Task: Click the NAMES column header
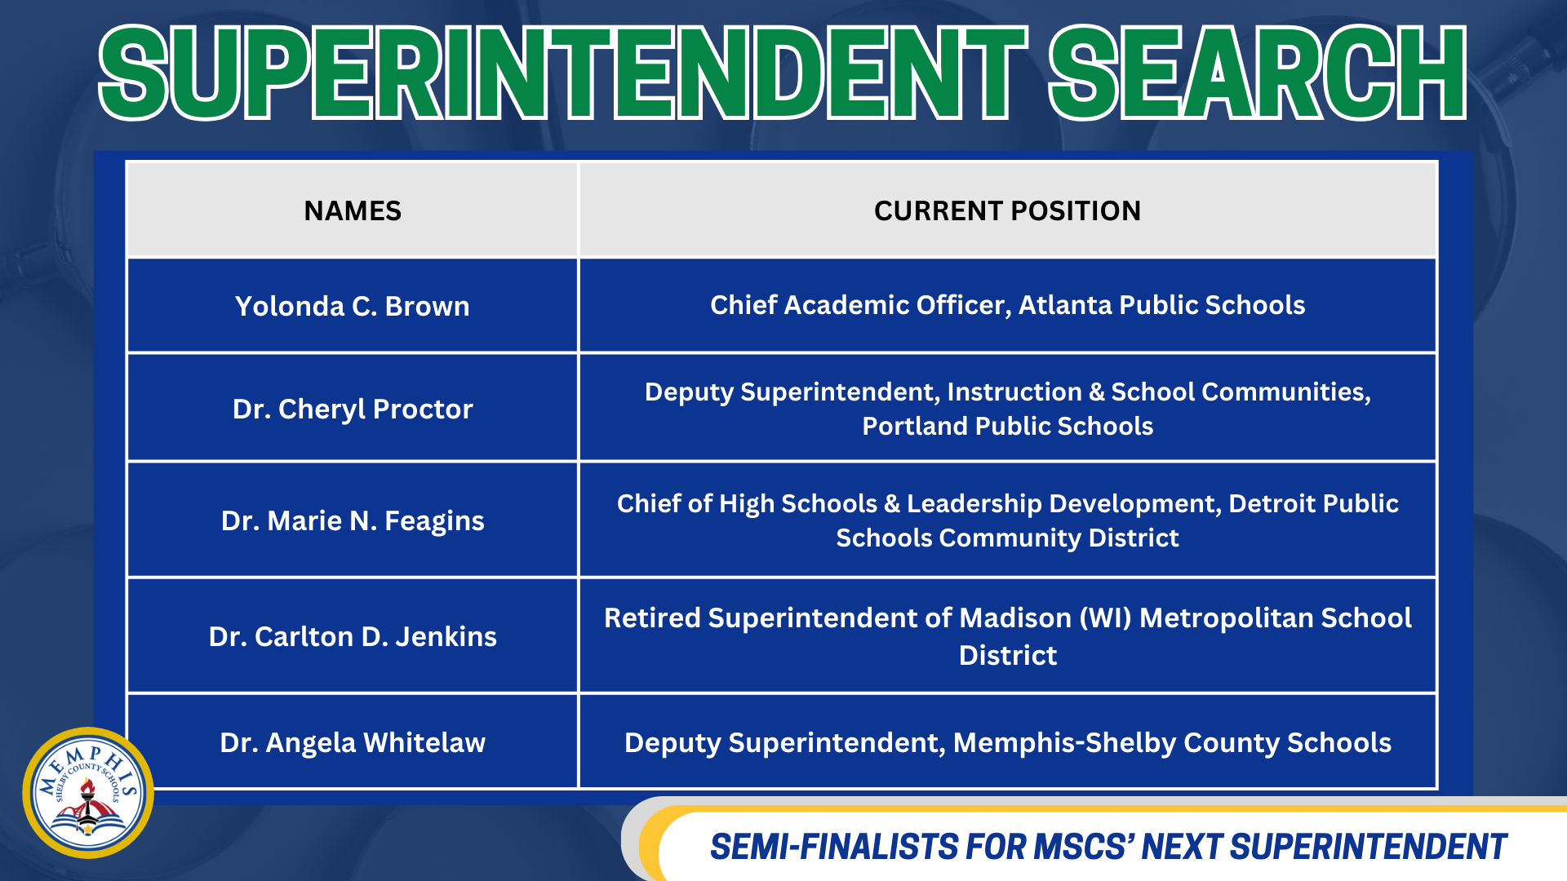pyautogui.click(x=353, y=211)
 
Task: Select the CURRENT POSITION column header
pyautogui.click(x=1007, y=211)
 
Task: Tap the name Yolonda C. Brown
pyautogui.click(x=353, y=306)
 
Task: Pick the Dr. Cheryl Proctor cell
pyautogui.click(x=353, y=409)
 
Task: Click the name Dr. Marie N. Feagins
pyautogui.click(x=353, y=520)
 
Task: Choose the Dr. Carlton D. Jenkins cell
pyautogui.click(x=353, y=636)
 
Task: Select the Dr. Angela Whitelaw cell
pyautogui.click(x=353, y=742)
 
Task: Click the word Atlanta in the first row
pyautogui.click(x=1065, y=305)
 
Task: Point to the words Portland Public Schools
pyautogui.click(x=1007, y=426)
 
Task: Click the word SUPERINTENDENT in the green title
pyautogui.click(x=563, y=73)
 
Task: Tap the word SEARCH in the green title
pyautogui.click(x=1257, y=73)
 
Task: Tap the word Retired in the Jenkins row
pyautogui.click(x=651, y=618)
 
